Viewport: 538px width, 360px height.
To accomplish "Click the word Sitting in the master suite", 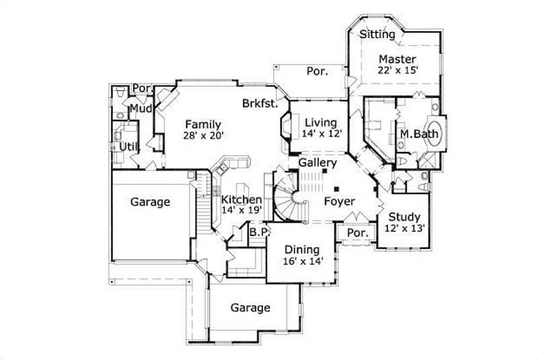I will pos(377,34).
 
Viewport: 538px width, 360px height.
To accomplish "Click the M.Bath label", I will pos(419,135).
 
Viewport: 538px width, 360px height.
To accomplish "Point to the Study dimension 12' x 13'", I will pos(403,229).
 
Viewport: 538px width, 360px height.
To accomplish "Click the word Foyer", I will pos(339,201).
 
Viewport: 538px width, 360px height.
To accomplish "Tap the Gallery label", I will pos(317,164).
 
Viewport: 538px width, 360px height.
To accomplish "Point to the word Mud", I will pos(141,108).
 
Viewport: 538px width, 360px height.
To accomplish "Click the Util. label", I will pos(129,146).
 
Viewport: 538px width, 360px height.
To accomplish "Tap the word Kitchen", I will pos(241,200).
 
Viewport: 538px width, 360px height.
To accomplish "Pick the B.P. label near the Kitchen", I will pos(259,232).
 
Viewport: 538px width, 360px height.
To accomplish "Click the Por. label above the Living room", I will pos(317,71).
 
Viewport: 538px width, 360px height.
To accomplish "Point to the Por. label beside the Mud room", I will pos(141,88).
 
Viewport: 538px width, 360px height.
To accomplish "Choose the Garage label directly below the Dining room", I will pos(250,308).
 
